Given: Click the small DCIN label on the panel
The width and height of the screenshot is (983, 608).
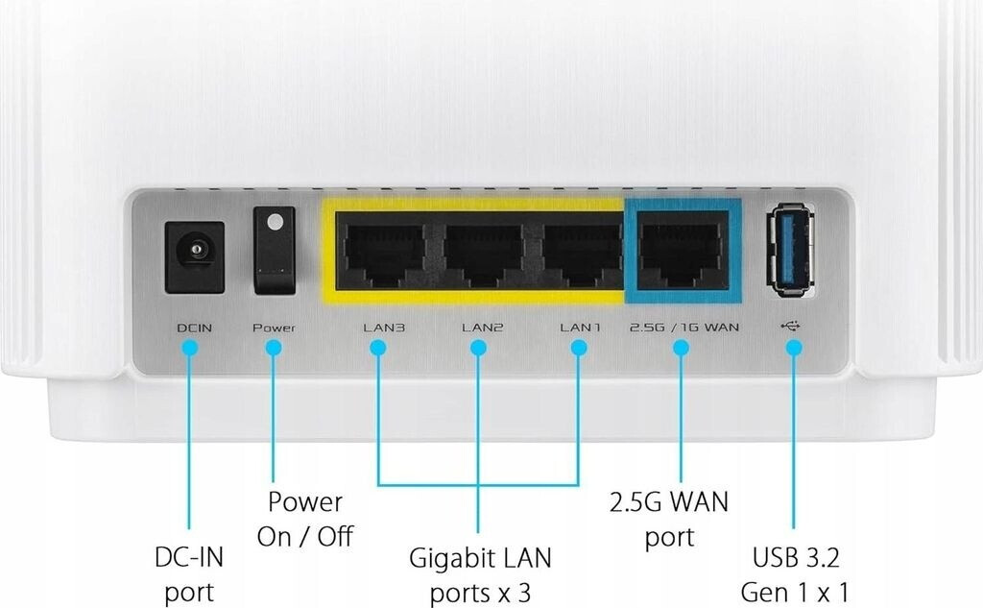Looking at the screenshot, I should (x=194, y=328).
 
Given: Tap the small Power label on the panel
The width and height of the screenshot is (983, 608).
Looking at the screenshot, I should (x=274, y=328).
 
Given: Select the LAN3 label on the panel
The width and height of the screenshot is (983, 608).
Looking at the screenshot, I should (x=384, y=328).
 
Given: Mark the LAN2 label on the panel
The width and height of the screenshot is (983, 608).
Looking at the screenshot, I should (x=482, y=328).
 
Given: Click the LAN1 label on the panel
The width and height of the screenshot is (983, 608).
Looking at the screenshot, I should (x=580, y=328).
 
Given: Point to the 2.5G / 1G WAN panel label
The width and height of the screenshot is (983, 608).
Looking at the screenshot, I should (x=683, y=328).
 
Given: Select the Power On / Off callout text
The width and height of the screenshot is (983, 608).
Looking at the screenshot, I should (x=304, y=519).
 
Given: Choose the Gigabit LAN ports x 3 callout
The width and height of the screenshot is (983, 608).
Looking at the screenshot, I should (x=480, y=573).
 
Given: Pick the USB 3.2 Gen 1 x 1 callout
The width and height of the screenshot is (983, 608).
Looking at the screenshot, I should (x=795, y=573).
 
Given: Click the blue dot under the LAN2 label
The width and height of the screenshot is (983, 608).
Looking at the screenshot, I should (x=478, y=349).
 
